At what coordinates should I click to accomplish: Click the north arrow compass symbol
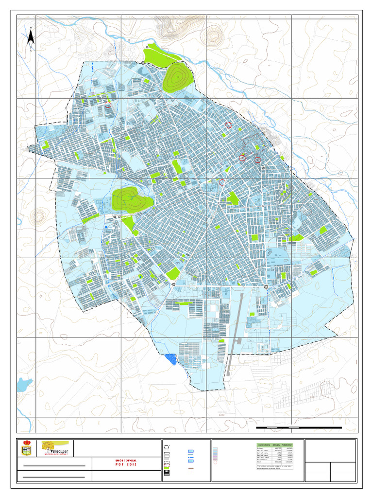(x=31, y=38)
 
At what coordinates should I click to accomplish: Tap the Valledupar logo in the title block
(x=55, y=448)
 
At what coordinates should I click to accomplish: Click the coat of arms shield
(x=27, y=448)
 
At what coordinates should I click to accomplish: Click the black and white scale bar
(x=299, y=427)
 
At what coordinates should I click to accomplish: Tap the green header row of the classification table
(x=279, y=445)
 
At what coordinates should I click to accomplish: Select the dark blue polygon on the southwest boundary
(x=170, y=359)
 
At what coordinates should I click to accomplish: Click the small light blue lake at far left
(x=24, y=385)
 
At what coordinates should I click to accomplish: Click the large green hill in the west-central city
(x=130, y=199)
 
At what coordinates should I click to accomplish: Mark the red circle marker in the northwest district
(x=108, y=105)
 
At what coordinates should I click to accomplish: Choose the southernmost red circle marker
(x=221, y=182)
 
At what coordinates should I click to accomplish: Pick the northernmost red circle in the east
(x=227, y=125)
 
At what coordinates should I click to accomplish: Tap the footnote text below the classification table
(x=279, y=468)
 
